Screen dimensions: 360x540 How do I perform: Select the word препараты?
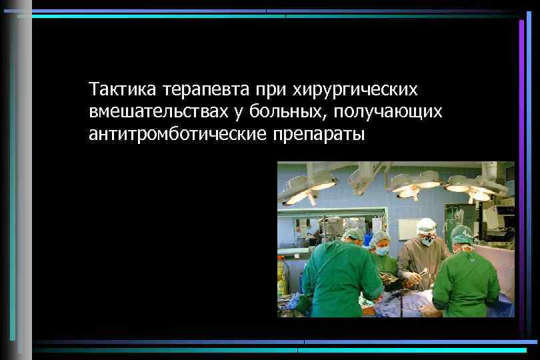coord(318,135)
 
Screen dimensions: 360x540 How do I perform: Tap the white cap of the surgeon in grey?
coord(426,225)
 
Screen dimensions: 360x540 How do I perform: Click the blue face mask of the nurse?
coord(382,251)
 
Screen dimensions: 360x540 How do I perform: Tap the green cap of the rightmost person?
coord(462,234)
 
